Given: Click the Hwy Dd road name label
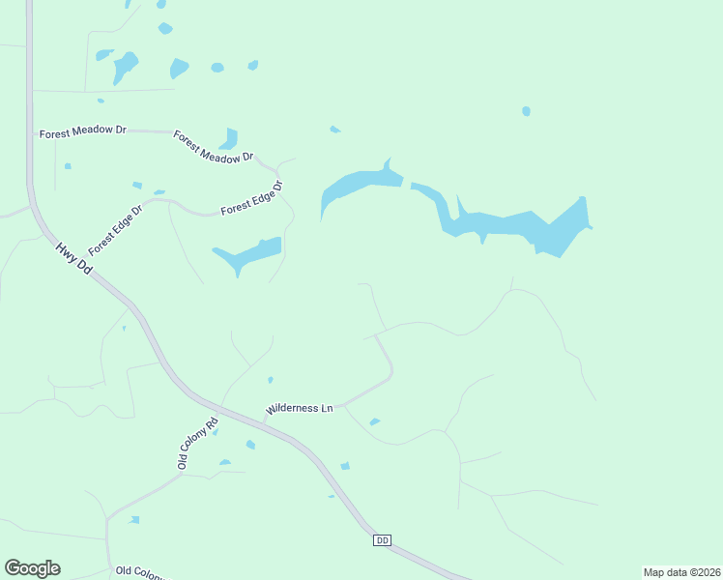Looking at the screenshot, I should point(73,258).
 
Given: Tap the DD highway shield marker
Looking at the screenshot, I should point(381,540).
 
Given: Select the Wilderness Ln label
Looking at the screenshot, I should point(300,408).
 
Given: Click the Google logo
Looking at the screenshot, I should point(32,568).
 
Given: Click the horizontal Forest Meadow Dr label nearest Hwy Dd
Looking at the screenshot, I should point(83,133).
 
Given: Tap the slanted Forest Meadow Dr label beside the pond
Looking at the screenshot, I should point(213,146).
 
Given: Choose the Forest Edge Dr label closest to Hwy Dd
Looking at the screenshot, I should point(115,227).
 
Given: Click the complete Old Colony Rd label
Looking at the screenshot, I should point(198,437).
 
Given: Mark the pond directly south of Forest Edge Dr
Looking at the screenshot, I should point(250,254).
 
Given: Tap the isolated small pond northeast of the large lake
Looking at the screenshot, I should point(526,111).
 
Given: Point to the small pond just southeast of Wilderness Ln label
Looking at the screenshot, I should point(374,421).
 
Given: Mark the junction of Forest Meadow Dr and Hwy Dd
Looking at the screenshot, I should point(32,132).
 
